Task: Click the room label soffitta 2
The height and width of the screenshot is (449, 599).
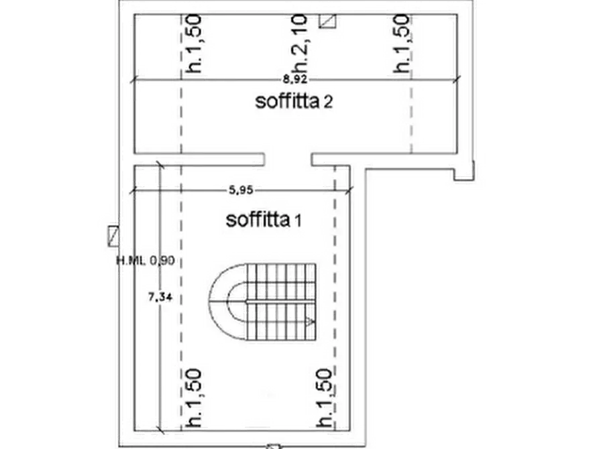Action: pos(294,102)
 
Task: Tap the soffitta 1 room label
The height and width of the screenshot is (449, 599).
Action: pos(264,220)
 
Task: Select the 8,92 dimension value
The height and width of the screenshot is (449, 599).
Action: pos(295,80)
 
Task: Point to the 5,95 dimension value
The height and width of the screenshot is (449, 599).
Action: pos(241,190)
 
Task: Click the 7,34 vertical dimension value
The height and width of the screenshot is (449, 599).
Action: pos(160,297)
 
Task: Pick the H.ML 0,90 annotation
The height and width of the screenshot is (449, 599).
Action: pos(145,261)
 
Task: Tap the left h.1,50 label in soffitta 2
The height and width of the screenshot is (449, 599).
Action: pos(193,43)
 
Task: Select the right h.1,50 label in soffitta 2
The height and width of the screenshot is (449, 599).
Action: pos(402,43)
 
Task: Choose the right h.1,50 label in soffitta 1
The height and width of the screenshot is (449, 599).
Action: pos(325,398)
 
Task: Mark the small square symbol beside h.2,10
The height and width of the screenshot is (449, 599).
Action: pos(328,21)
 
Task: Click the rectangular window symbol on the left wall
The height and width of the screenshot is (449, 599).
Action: pos(113,237)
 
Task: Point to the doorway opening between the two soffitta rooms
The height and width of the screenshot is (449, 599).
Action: pos(288,159)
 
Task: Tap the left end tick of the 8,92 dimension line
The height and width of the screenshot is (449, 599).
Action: pos(133,80)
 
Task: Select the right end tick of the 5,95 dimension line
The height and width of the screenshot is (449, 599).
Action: pos(349,190)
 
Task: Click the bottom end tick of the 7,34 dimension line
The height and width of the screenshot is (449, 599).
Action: pos(160,430)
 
